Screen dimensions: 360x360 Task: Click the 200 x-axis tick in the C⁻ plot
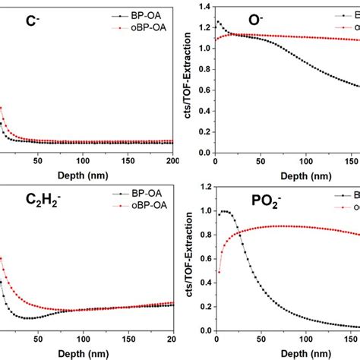(172, 160)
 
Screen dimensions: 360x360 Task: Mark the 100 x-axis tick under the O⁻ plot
(307, 160)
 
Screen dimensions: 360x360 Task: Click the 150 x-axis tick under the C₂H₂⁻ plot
(128, 339)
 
